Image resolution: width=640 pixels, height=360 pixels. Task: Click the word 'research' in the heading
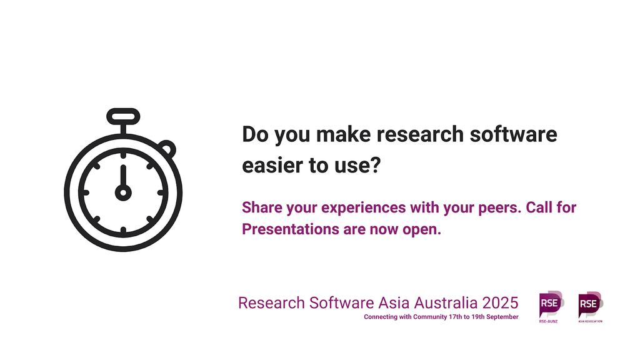click(x=420, y=134)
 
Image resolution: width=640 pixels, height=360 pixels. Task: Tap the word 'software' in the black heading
click(x=514, y=134)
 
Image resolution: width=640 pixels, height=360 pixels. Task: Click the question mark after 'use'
click(x=376, y=165)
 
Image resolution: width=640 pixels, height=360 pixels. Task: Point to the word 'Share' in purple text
click(x=262, y=207)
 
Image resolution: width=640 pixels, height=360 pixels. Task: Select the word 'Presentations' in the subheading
click(x=291, y=229)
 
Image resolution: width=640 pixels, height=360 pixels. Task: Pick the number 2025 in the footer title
click(x=501, y=303)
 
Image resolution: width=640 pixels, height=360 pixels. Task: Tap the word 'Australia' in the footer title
click(x=446, y=303)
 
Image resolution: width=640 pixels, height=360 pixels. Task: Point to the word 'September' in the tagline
click(x=502, y=317)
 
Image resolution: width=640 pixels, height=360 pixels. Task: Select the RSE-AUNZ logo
click(x=551, y=306)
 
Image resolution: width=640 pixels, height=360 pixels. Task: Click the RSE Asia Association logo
click(x=591, y=307)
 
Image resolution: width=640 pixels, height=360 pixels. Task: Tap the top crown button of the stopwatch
click(x=123, y=117)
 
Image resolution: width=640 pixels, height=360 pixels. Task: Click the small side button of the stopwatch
click(x=167, y=149)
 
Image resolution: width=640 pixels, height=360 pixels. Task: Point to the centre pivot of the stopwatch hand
click(x=123, y=192)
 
